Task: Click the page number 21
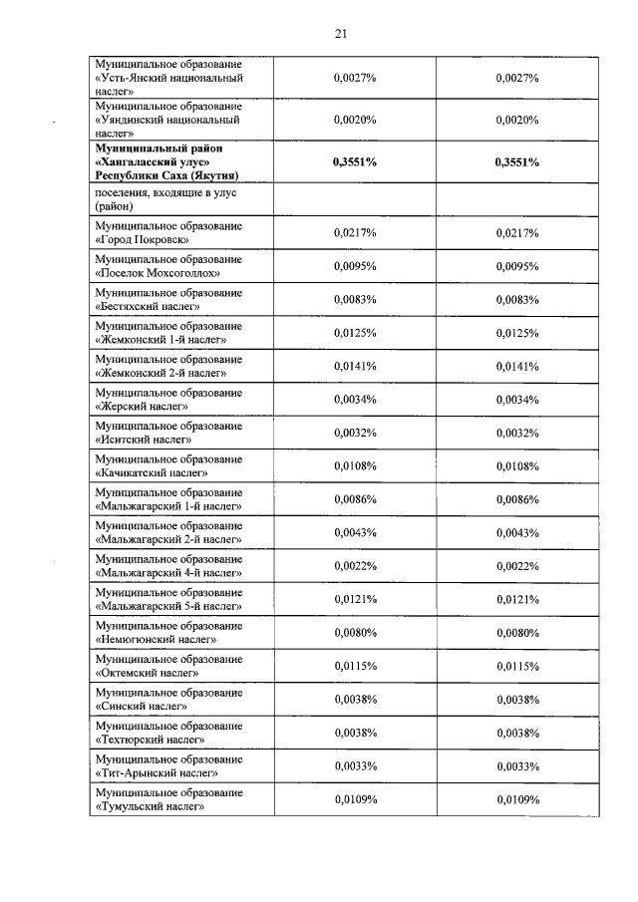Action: point(340,35)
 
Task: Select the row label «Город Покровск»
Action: point(144,240)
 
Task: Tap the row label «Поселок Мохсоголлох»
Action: point(158,273)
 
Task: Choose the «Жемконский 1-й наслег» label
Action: point(160,340)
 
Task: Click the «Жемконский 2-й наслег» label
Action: point(160,374)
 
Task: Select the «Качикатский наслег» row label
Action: point(153,473)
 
